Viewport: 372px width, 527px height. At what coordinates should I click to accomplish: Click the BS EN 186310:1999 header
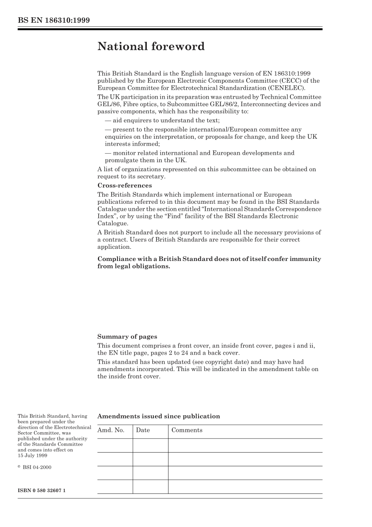pyautogui.click(x=54, y=20)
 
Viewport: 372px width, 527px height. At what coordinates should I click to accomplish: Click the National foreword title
pyautogui.click(x=151, y=46)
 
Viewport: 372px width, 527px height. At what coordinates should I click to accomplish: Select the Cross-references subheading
pyautogui.click(x=125, y=185)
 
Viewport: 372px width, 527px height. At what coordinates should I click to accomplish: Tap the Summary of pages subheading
pyautogui.click(x=127, y=337)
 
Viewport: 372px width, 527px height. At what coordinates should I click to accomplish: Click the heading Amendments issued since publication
pyautogui.click(x=159, y=416)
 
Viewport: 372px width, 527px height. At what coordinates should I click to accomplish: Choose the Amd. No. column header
pyautogui.click(x=111, y=430)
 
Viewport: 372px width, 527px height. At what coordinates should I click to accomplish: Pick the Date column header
pyautogui.click(x=143, y=430)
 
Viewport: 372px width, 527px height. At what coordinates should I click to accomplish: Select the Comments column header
pyautogui.click(x=187, y=430)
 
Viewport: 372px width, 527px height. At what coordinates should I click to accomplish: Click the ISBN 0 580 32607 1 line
pyautogui.click(x=42, y=490)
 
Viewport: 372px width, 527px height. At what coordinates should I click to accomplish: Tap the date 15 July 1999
pyautogui.click(x=33, y=455)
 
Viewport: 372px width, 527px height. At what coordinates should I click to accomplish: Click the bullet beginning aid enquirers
pyautogui.click(x=162, y=121)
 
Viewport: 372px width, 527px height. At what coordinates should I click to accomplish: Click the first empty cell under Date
pyautogui.click(x=150, y=446)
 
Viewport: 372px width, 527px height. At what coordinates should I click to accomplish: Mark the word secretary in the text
pyautogui.click(x=151, y=176)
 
